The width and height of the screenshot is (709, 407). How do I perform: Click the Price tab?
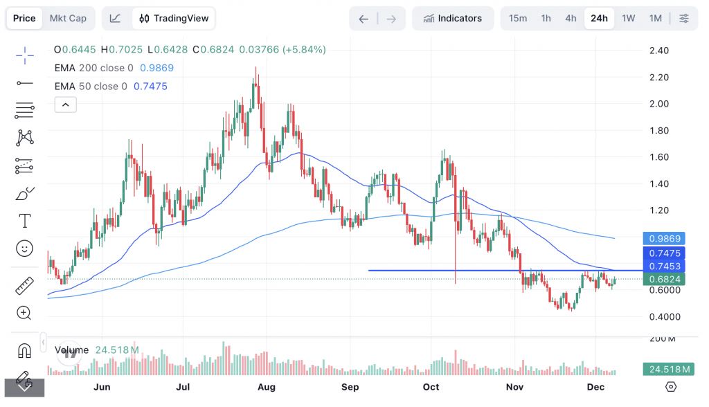click(x=24, y=18)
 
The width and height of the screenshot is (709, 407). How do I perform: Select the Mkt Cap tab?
click(x=68, y=18)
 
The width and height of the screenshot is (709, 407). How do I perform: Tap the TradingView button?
click(x=174, y=18)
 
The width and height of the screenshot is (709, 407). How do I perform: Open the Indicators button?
click(x=453, y=18)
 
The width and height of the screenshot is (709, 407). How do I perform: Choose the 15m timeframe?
click(x=518, y=18)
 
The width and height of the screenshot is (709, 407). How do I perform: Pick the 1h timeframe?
click(x=546, y=18)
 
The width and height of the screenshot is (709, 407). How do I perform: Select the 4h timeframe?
click(x=571, y=18)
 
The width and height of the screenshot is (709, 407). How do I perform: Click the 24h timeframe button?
click(x=599, y=18)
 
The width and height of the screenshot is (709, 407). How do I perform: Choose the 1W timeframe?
click(x=628, y=18)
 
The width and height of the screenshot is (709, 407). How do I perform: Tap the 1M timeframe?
click(x=655, y=18)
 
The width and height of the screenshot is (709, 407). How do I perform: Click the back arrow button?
click(x=364, y=19)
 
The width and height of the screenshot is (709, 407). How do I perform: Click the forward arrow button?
click(x=391, y=19)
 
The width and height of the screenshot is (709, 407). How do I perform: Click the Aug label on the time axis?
click(x=267, y=386)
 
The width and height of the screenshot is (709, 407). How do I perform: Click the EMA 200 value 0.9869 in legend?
click(x=156, y=68)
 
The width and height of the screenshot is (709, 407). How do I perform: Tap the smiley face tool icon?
click(x=25, y=248)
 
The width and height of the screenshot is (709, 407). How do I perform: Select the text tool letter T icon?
click(x=25, y=221)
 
